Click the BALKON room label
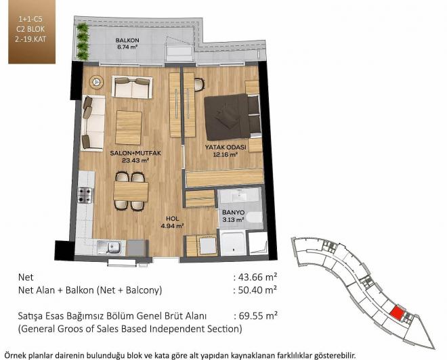pos(127,41)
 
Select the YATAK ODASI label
pos(226,148)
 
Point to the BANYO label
pos(233,212)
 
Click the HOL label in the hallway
pos(172,219)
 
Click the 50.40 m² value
pos(257,290)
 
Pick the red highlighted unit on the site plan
pos(397,313)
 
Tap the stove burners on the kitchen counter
pos(85,195)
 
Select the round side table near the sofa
pos(97,83)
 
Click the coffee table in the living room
pos(129,128)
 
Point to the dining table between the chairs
pos(131,192)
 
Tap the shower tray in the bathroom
pos(233,243)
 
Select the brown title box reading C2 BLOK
pos(32,32)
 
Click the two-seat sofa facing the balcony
pos(132,87)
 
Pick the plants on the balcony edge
pos(83,41)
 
